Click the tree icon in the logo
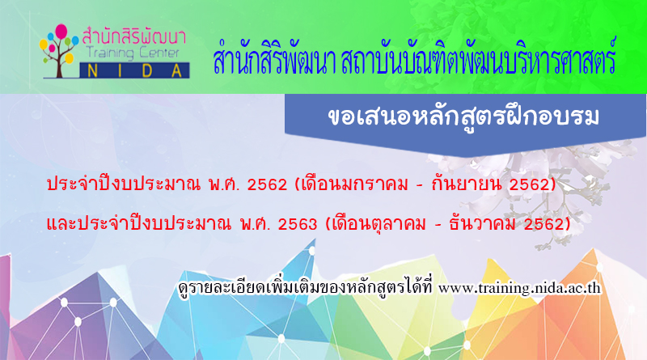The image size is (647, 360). coord(59,51)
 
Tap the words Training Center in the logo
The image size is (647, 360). coord(133,53)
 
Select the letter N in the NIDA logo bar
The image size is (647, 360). coord(93,71)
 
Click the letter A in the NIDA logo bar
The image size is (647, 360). coord(176,71)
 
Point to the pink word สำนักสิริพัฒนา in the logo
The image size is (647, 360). coord(134,36)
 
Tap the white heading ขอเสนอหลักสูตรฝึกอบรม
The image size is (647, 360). coord(463,117)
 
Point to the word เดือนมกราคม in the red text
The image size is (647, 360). coord(355,184)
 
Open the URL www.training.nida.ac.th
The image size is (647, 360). coord(519,288)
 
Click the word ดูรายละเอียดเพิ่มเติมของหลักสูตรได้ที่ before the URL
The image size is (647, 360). coord(305,287)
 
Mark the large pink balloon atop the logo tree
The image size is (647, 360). coord(61,32)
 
